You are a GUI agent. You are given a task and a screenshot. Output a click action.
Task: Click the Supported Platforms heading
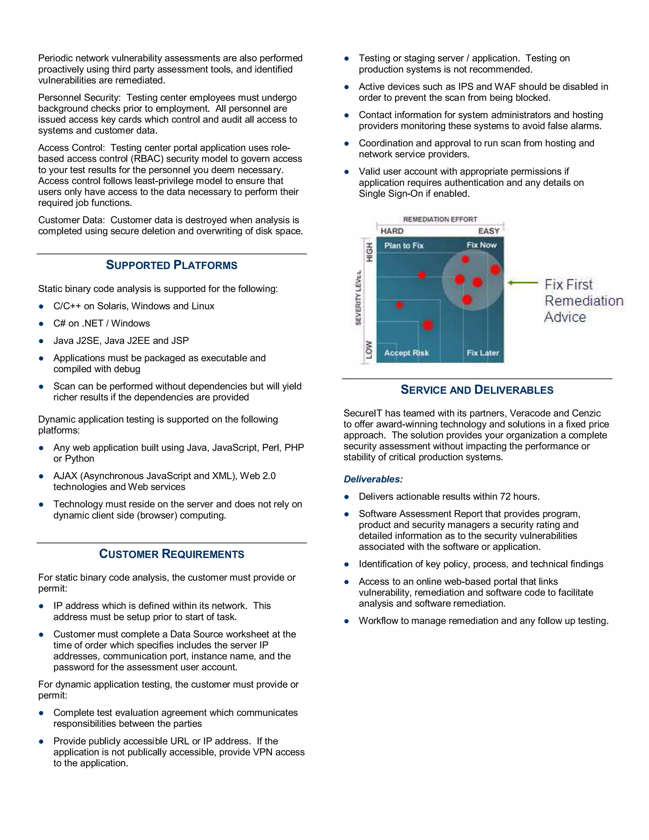pos(171,265)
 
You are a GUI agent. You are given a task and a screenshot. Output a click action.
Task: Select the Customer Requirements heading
pos(171,554)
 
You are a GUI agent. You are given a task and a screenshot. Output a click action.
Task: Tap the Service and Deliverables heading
pos(477,390)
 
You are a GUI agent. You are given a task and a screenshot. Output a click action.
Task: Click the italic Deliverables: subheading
pos(373,479)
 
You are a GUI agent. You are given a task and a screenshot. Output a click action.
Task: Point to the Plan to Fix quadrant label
pos(404,246)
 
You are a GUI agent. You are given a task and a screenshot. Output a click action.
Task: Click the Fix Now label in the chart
pos(481,245)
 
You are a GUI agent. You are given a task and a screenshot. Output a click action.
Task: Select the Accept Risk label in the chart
pos(406,353)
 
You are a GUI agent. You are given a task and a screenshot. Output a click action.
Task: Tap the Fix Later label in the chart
pos(483,353)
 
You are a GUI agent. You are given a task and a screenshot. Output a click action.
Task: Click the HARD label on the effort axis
pos(392,231)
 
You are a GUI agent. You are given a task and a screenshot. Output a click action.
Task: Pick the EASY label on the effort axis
pos(489,231)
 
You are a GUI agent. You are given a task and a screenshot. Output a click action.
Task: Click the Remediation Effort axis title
pos(440,219)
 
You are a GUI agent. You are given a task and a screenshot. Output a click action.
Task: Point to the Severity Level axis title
pos(358,297)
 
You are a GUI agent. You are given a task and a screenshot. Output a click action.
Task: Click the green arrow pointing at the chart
pos(523,283)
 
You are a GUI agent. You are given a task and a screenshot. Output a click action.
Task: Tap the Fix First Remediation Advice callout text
pos(583,300)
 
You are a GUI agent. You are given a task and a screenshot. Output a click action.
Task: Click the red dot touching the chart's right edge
pos(495,270)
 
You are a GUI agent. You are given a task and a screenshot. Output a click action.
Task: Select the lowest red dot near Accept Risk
pos(427,325)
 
